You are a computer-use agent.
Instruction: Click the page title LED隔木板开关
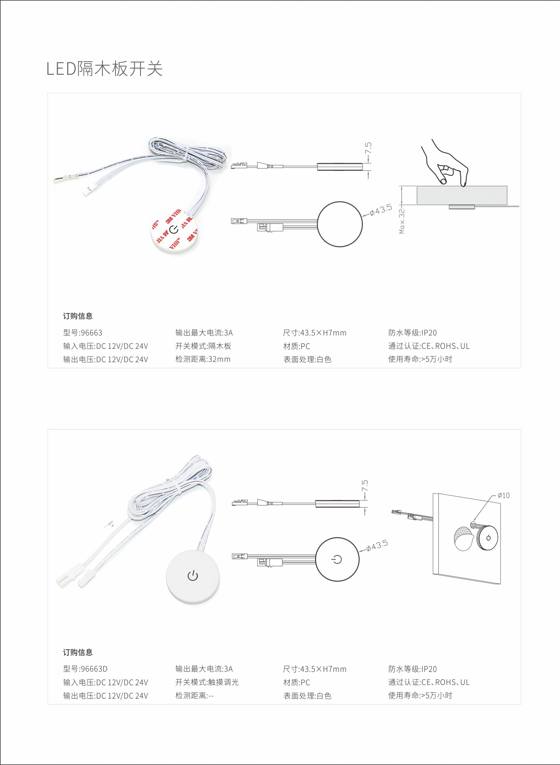[x=105, y=69]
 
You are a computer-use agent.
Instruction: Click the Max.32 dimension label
[x=402, y=221]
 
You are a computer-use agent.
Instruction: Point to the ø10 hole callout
[x=503, y=495]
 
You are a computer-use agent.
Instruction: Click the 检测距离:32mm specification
[x=203, y=359]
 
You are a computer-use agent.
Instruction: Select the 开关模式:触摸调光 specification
[x=207, y=682]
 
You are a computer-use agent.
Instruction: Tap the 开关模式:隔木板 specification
[x=203, y=346]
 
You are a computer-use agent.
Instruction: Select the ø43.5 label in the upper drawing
[x=381, y=210]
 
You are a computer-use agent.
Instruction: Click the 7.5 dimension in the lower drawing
[x=365, y=486]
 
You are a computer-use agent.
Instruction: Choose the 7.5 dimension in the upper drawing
[x=368, y=148]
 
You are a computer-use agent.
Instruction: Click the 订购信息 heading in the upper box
[x=77, y=316]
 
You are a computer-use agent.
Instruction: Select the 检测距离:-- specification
[x=194, y=696]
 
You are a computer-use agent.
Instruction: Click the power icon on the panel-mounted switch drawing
[x=489, y=537]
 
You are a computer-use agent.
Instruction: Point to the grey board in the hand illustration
[x=462, y=196]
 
